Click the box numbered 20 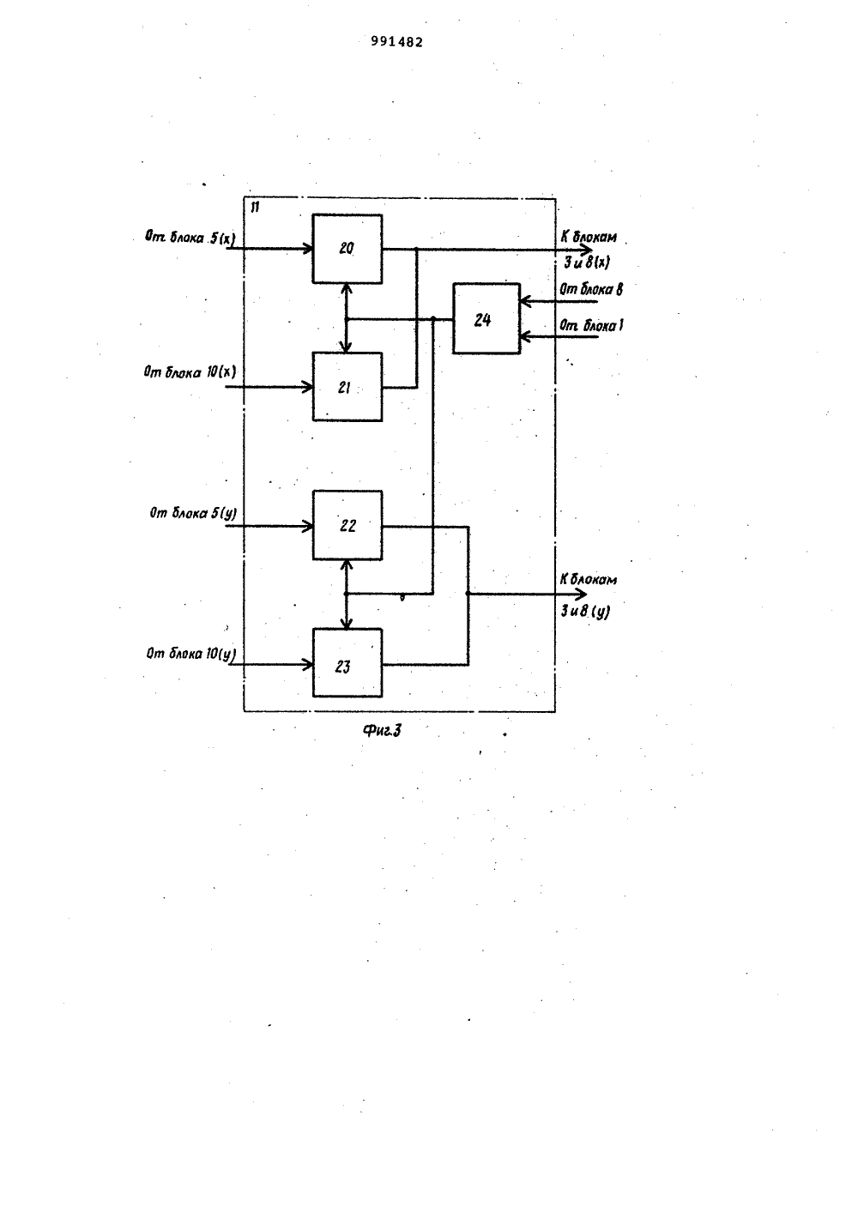pyautogui.click(x=347, y=249)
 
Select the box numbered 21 pyautogui.click(x=347, y=387)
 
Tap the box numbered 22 pyautogui.click(x=347, y=525)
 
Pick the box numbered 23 pyautogui.click(x=347, y=663)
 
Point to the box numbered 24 pyautogui.click(x=486, y=318)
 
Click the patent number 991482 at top pyautogui.click(x=397, y=42)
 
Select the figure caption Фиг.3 pyautogui.click(x=382, y=731)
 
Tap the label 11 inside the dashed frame pyautogui.click(x=255, y=208)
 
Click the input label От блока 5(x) pyautogui.click(x=190, y=237)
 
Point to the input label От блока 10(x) pyautogui.click(x=190, y=372)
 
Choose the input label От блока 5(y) pyautogui.click(x=193, y=512)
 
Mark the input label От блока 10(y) pyautogui.click(x=191, y=654)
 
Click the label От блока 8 pyautogui.click(x=591, y=289)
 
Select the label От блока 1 pyautogui.click(x=591, y=325)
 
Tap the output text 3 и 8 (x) pyautogui.click(x=587, y=263)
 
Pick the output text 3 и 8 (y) pyautogui.click(x=585, y=612)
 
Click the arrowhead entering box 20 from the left pyautogui.click(x=308, y=249)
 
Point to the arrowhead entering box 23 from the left pyautogui.click(x=308, y=664)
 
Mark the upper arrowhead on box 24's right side pyautogui.click(x=525, y=301)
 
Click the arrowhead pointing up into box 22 pyautogui.click(x=347, y=564)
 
